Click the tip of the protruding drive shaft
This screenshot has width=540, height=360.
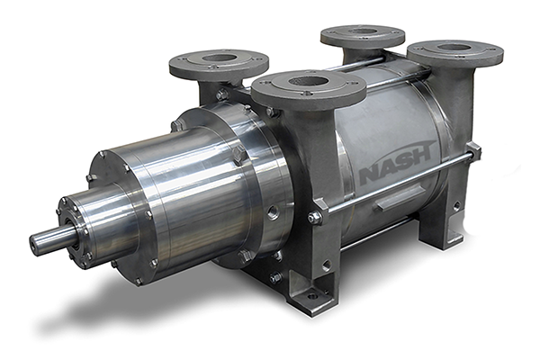pyautogui.click(x=33, y=243)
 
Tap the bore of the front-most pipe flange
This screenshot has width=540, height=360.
pyautogui.click(x=309, y=82)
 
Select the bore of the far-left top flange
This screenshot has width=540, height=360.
pyautogui.click(x=219, y=58)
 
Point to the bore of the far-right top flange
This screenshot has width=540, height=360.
pyautogui.click(x=454, y=48)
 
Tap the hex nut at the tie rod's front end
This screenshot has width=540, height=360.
pyautogui.click(x=314, y=218)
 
